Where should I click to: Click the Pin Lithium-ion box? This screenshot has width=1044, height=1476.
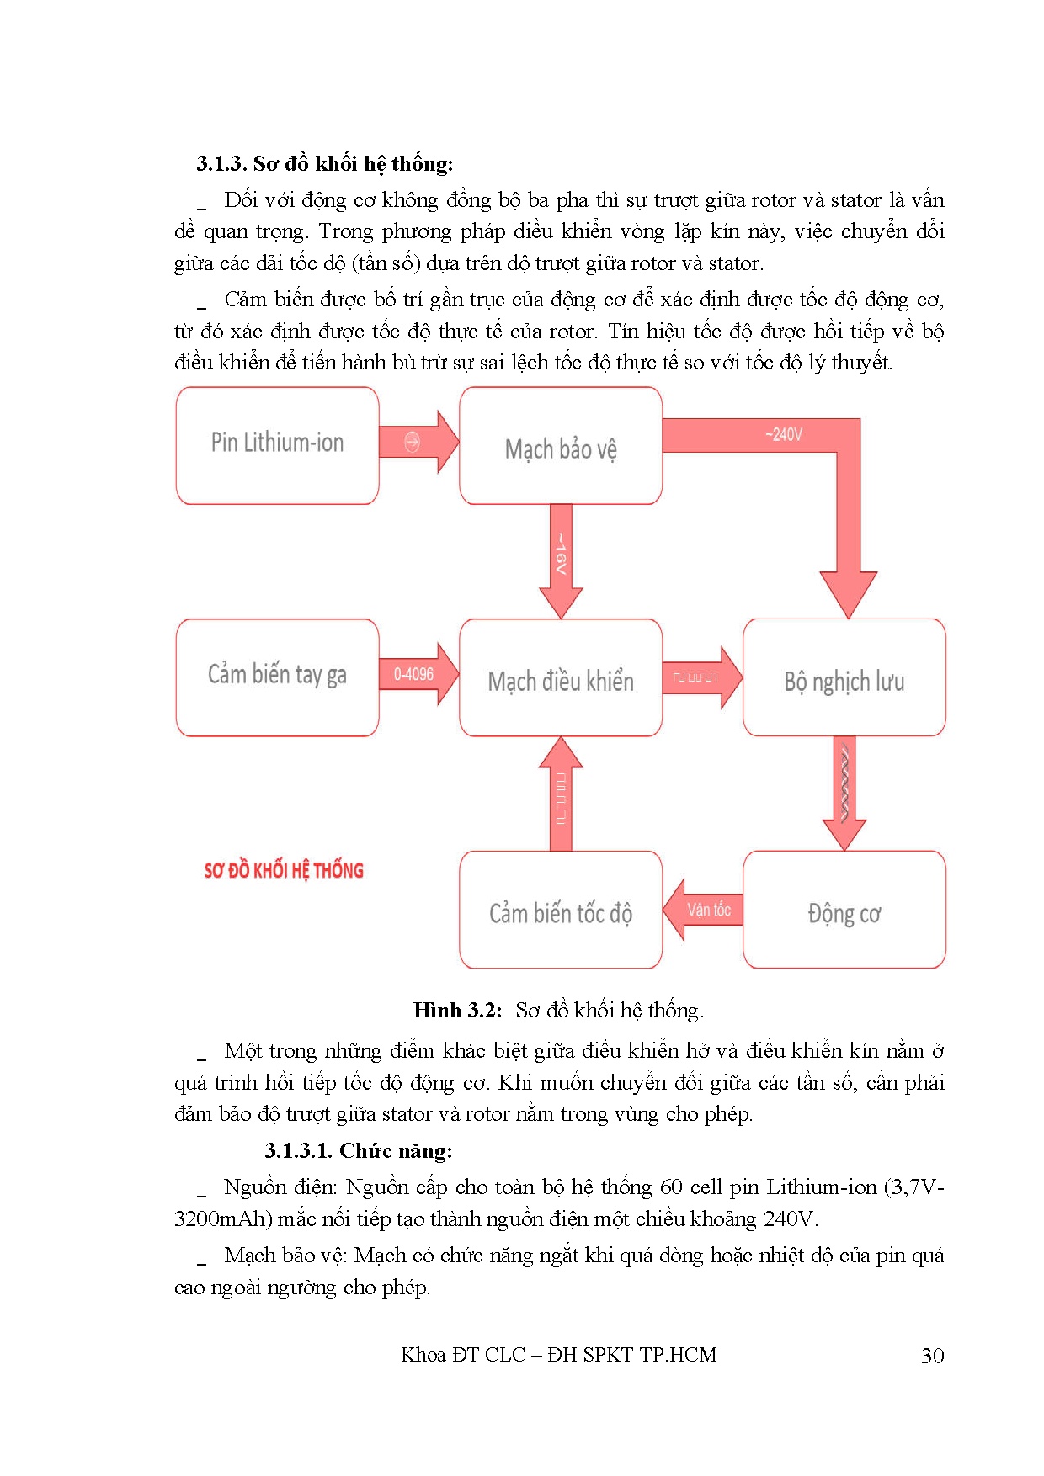pyautogui.click(x=277, y=445)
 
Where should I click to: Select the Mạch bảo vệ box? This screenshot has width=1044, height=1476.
pyautogui.click(x=561, y=446)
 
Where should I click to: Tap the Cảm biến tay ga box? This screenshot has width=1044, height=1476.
pyautogui.click(x=277, y=677)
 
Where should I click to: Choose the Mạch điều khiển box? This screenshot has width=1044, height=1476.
pyautogui.click(x=561, y=678)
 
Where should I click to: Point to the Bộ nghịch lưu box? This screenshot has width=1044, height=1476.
pyautogui.click(x=844, y=678)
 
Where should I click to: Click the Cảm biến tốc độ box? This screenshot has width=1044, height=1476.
pyautogui.click(x=561, y=911)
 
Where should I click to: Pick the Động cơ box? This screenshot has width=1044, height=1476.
pyautogui.click(x=844, y=911)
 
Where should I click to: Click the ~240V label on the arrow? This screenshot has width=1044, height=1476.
pyautogui.click(x=784, y=435)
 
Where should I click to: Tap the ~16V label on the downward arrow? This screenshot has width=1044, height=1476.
pyautogui.click(x=561, y=554)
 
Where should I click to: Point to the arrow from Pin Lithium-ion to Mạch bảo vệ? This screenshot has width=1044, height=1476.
pyautogui.click(x=417, y=442)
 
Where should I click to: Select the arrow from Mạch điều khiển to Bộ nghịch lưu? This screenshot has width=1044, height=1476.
pyautogui.click(x=699, y=677)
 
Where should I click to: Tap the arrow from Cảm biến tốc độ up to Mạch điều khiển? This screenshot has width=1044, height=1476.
pyautogui.click(x=561, y=795)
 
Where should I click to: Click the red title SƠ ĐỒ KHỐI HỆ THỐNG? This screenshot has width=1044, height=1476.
pyautogui.click(x=284, y=871)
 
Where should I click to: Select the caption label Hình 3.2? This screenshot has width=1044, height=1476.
pyautogui.click(x=457, y=1011)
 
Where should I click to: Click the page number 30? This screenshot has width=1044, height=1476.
pyautogui.click(x=932, y=1356)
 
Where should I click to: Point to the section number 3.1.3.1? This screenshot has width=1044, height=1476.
pyautogui.click(x=298, y=1150)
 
